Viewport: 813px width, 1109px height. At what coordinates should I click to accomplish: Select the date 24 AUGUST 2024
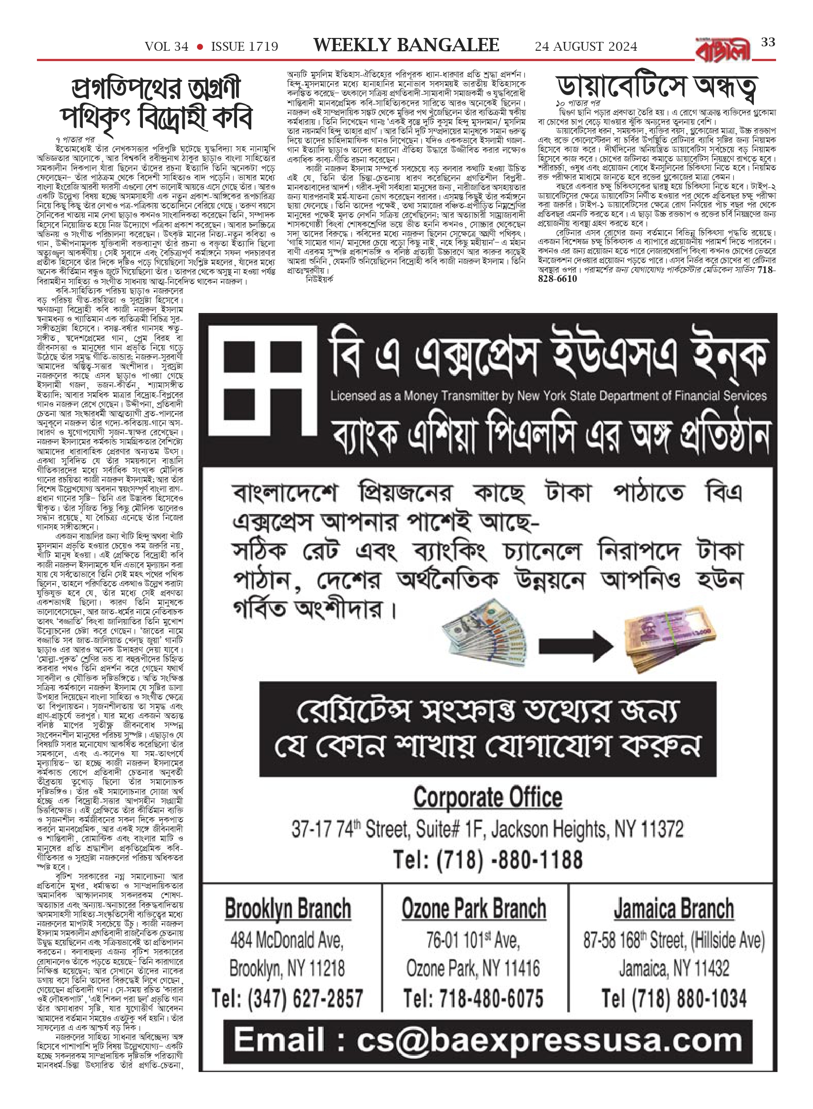tap(586, 46)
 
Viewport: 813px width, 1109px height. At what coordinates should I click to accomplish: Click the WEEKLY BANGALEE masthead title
tap(406, 45)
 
